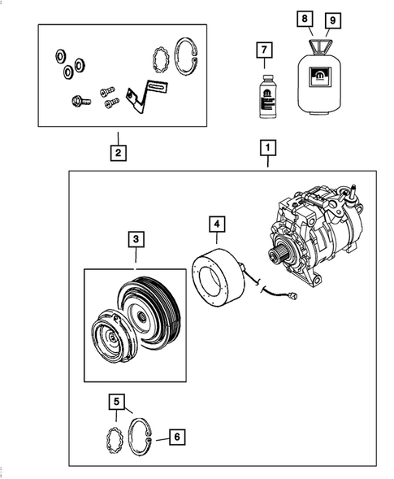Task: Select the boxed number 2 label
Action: (118, 151)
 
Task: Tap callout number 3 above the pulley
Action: (136, 239)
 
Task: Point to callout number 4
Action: (216, 223)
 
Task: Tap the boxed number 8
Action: (305, 17)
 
